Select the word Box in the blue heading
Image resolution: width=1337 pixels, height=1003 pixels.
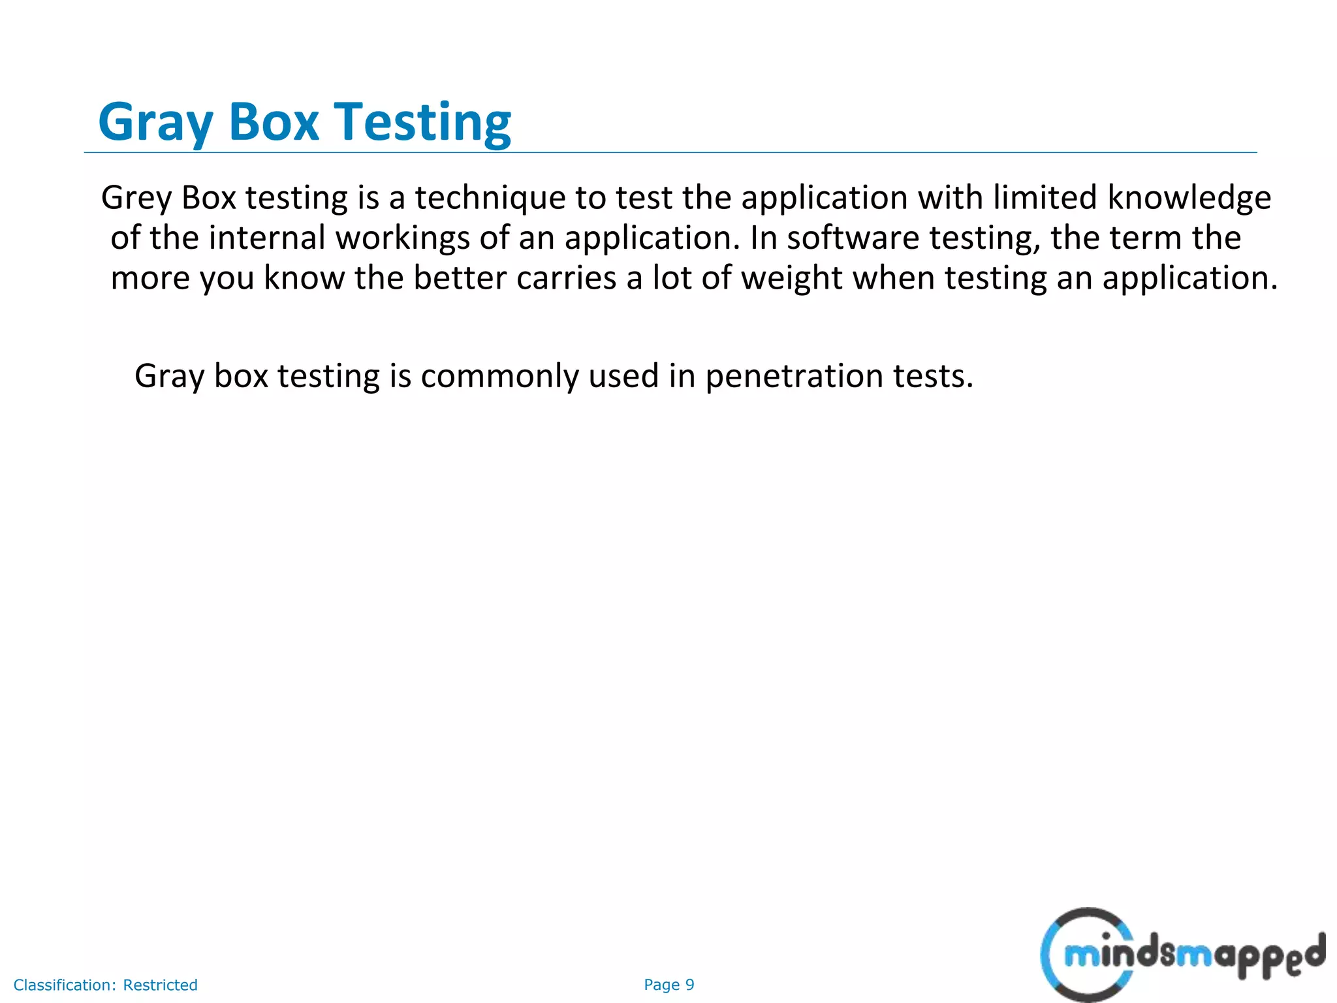(x=274, y=123)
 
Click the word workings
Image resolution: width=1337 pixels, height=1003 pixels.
(x=402, y=238)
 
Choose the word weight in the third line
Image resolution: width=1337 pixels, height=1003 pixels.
(x=792, y=278)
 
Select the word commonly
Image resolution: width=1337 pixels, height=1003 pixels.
(x=499, y=377)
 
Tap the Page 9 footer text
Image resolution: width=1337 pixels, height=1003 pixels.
(x=668, y=985)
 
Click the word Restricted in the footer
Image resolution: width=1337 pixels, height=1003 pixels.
(x=160, y=985)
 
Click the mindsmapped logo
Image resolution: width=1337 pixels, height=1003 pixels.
(x=1182, y=955)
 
